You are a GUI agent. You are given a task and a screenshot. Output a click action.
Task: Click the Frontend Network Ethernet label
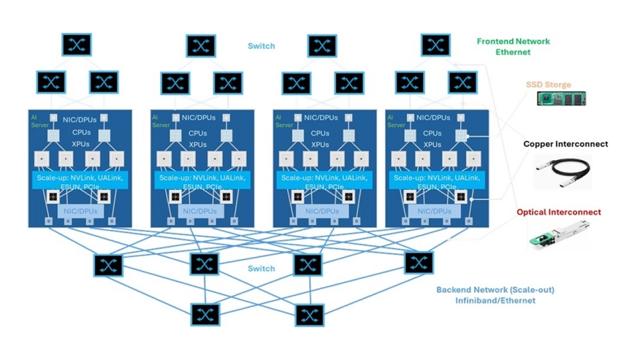click(x=513, y=47)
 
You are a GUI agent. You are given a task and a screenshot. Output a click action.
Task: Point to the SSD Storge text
click(x=549, y=85)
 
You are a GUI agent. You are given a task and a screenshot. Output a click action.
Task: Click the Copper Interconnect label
click(x=565, y=144)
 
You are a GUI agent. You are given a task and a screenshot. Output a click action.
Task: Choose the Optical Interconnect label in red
click(x=559, y=212)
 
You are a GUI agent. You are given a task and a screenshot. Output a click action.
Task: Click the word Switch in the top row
click(x=261, y=46)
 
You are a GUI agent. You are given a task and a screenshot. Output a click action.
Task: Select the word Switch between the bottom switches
click(x=261, y=269)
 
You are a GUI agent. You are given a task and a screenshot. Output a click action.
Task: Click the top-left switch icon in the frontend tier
click(x=77, y=45)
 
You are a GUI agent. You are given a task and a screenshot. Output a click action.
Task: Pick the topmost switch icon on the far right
click(x=436, y=45)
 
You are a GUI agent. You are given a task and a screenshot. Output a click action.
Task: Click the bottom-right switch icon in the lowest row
click(x=309, y=315)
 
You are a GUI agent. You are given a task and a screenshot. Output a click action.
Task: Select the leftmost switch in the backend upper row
click(x=109, y=264)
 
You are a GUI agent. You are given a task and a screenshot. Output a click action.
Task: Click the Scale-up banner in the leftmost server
click(x=79, y=181)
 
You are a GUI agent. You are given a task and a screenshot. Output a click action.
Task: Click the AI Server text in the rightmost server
click(x=396, y=120)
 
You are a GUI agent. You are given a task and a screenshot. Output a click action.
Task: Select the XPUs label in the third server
click(x=321, y=145)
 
